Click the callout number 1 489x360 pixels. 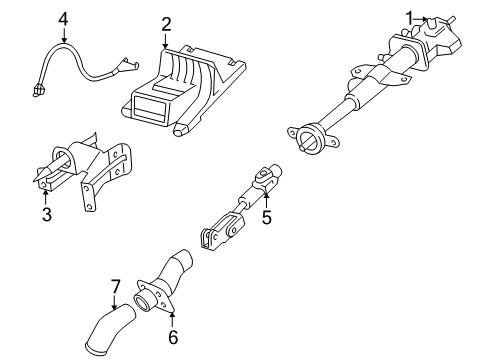pos(409,15)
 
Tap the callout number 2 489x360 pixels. pos(166,24)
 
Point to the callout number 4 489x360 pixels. pos(63,18)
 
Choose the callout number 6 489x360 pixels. pos(171,339)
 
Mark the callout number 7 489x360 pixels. pos(115,289)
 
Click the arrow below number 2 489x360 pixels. pos(166,41)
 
